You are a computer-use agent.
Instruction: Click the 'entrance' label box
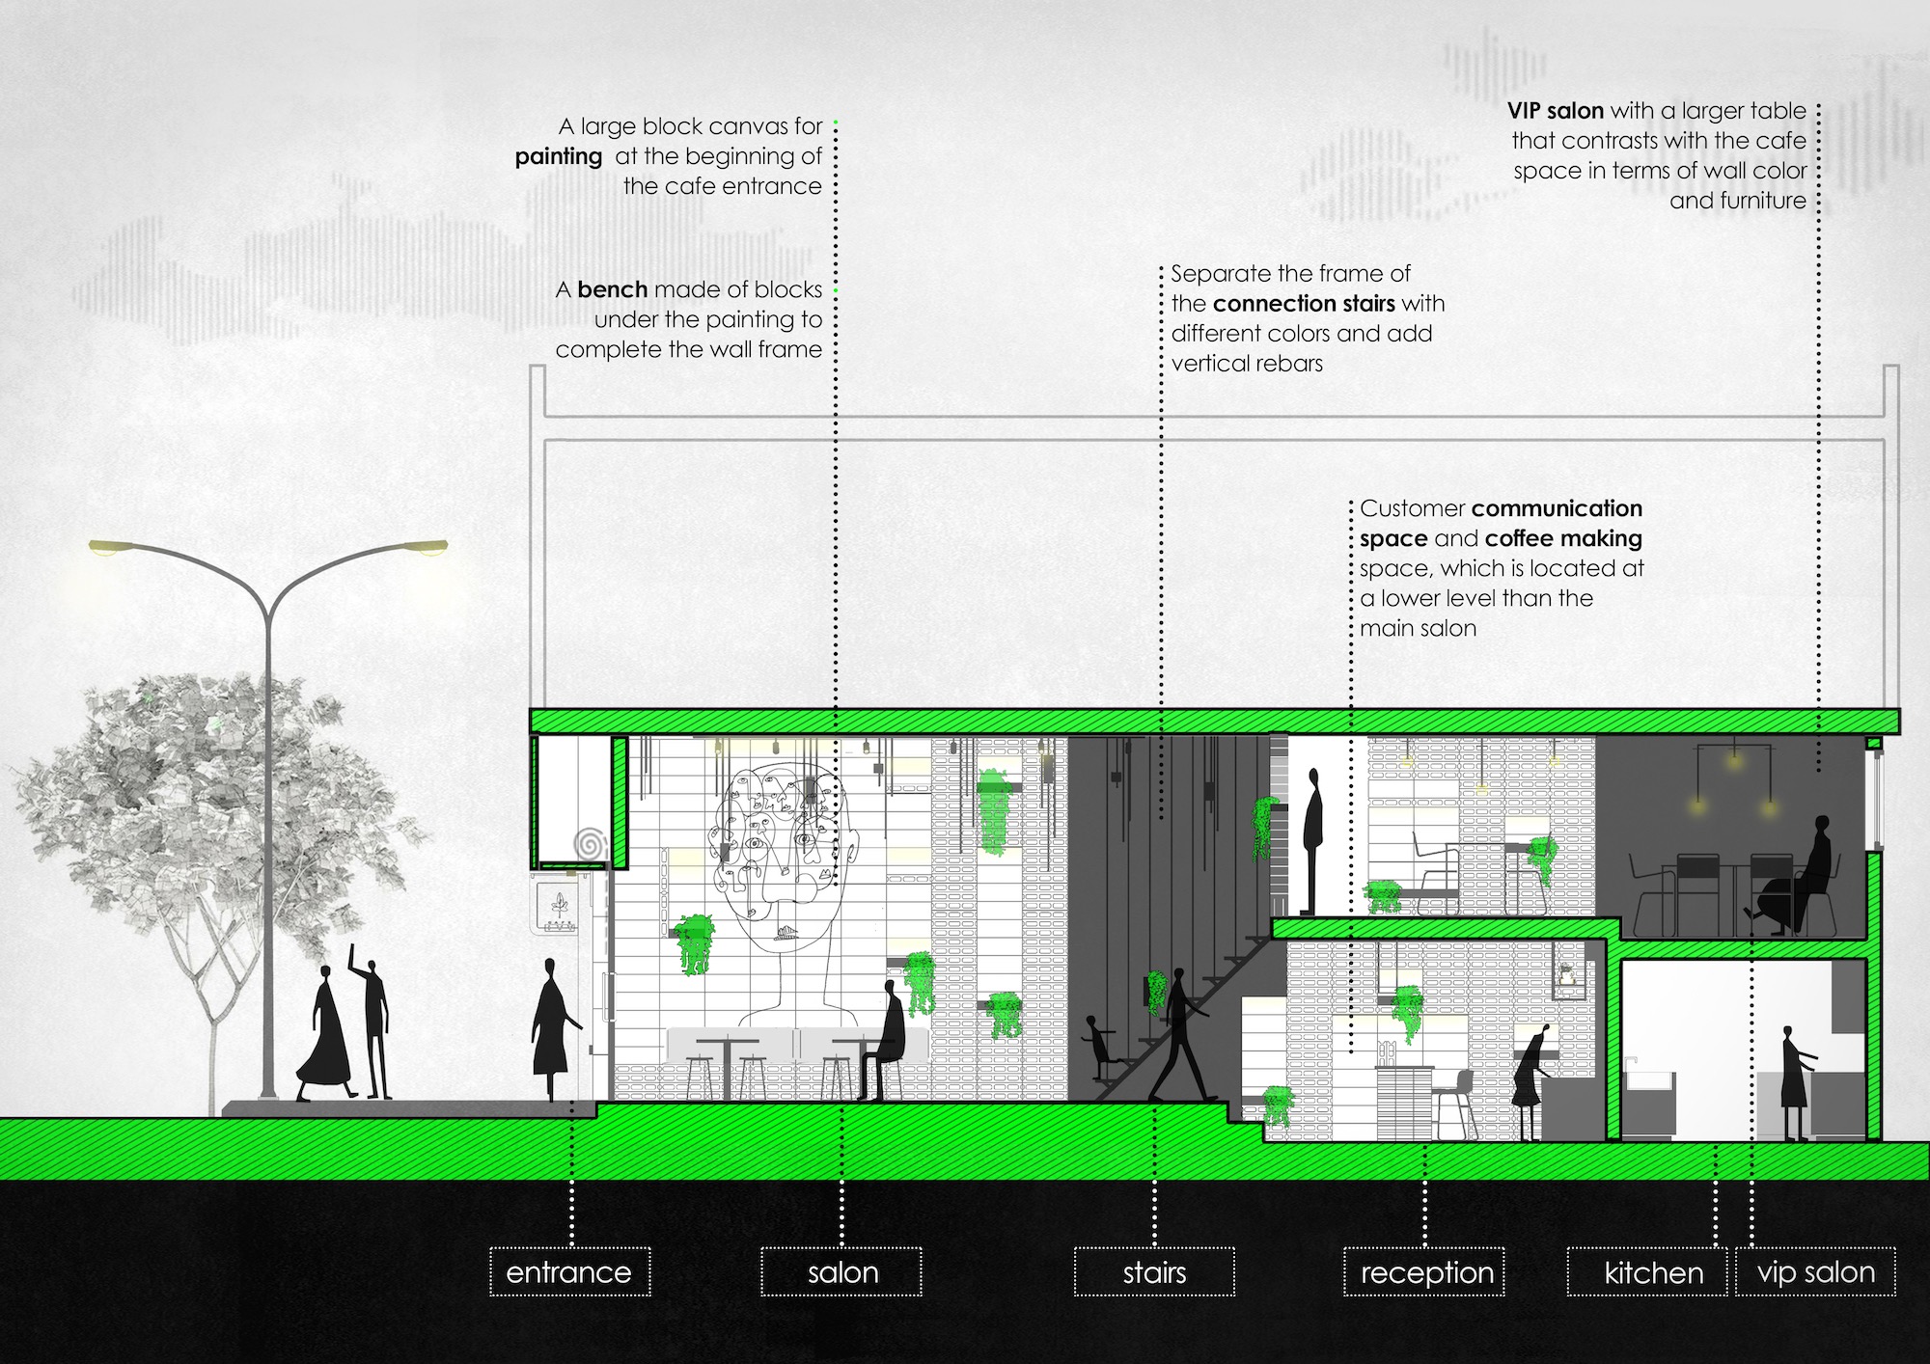(569, 1272)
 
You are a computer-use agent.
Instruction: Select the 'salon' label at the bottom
(841, 1272)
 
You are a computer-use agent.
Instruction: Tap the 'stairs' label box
(1154, 1272)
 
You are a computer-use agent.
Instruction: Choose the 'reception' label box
(1425, 1272)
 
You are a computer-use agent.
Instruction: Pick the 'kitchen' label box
(1652, 1272)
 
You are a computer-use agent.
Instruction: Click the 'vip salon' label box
(1816, 1272)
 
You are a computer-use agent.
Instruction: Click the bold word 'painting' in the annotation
(559, 157)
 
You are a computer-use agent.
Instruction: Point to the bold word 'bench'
(613, 289)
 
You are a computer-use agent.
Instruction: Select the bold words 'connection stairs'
(1304, 304)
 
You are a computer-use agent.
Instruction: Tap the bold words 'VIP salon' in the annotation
(1556, 111)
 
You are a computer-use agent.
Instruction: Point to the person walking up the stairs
(1179, 1035)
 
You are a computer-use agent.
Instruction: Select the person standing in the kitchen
(1795, 1083)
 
